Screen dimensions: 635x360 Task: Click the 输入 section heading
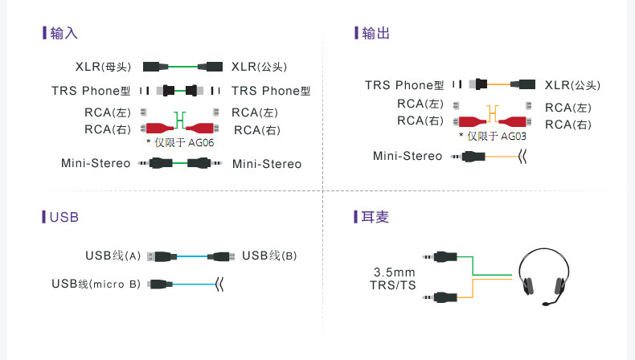pyautogui.click(x=63, y=33)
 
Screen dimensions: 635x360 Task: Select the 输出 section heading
pyautogui.click(x=375, y=33)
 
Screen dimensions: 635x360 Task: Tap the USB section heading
pyautogui.click(x=64, y=217)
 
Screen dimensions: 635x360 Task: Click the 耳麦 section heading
pyautogui.click(x=375, y=217)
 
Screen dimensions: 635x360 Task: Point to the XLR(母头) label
pyautogui.click(x=103, y=67)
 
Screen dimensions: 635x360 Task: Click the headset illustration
pyautogui.click(x=544, y=277)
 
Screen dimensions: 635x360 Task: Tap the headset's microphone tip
pyautogui.click(x=546, y=303)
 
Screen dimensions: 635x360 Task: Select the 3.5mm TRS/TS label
pyautogui.click(x=393, y=279)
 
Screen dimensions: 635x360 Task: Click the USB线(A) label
pyautogui.click(x=113, y=256)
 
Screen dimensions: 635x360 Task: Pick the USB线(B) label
pyautogui.click(x=269, y=256)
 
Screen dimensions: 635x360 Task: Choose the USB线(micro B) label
pyautogui.click(x=96, y=284)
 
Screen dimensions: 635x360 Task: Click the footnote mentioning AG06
pyautogui.click(x=180, y=142)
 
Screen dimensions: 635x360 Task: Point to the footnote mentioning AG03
pyautogui.click(x=493, y=136)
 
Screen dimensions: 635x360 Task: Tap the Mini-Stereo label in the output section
pyautogui.click(x=408, y=156)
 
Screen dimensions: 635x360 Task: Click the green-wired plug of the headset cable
pyautogui.click(x=440, y=256)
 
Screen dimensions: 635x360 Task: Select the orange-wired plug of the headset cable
pyautogui.click(x=440, y=297)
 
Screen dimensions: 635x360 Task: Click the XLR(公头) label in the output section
pyautogui.click(x=572, y=85)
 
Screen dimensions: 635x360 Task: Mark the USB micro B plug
pyautogui.click(x=160, y=284)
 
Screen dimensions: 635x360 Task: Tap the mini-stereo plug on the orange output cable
pyautogui.click(x=468, y=157)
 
